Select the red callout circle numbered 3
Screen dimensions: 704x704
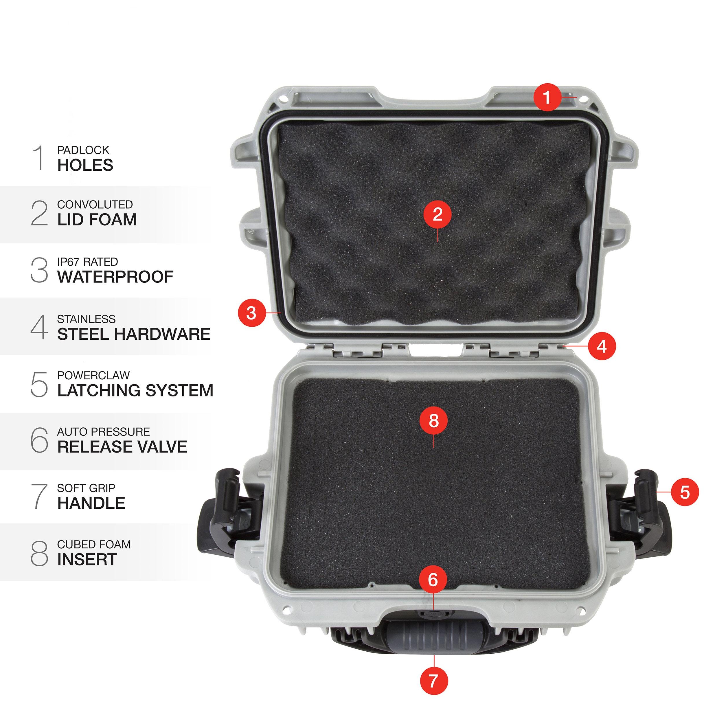(251, 313)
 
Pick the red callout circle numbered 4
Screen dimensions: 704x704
(602, 346)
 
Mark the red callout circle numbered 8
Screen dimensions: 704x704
(433, 421)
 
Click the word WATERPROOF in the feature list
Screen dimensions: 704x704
(115, 277)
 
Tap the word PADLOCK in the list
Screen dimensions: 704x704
(83, 150)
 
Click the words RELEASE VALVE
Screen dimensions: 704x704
(122, 447)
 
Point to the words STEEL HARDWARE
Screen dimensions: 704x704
(134, 334)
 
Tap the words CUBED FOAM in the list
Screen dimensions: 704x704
(94, 544)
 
